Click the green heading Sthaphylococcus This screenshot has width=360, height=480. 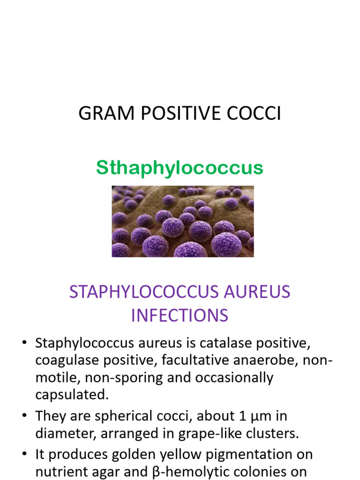[x=180, y=168]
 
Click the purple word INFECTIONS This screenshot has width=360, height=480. [x=180, y=315]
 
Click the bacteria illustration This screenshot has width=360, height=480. [x=182, y=221]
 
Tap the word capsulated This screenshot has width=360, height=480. [x=72, y=395]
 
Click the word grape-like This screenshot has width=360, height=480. [x=229, y=434]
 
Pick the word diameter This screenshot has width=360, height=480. [x=66, y=434]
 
